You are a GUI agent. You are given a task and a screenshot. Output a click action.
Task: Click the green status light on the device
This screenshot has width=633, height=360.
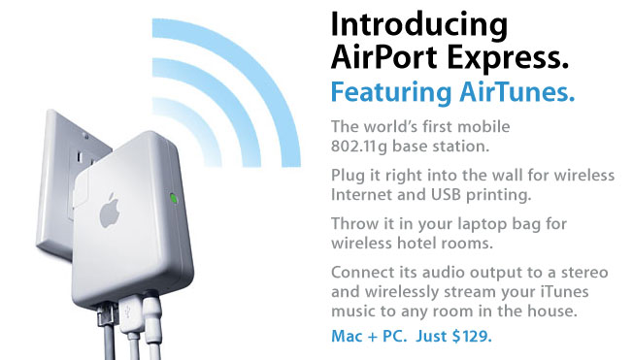[x=174, y=198]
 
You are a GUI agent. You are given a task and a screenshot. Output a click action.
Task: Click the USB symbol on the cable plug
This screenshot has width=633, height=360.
[x=128, y=312]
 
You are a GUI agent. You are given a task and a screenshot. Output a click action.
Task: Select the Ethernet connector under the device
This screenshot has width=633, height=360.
[x=107, y=315]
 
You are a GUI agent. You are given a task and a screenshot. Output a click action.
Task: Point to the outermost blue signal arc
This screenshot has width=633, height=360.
[x=258, y=69]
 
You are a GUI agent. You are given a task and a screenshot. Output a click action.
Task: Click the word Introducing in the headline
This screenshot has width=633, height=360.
[x=419, y=25]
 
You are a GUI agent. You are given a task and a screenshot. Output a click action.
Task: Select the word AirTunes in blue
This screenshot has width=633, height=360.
[x=516, y=91]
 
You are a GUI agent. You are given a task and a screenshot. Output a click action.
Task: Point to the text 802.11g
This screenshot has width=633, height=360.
[x=359, y=147]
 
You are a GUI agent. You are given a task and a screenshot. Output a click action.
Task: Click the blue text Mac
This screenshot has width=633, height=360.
[x=347, y=336]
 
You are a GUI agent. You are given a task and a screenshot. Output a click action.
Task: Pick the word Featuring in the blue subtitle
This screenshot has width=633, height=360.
[x=391, y=93]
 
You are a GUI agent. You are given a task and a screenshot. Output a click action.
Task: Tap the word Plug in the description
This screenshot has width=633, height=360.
[x=348, y=177]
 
